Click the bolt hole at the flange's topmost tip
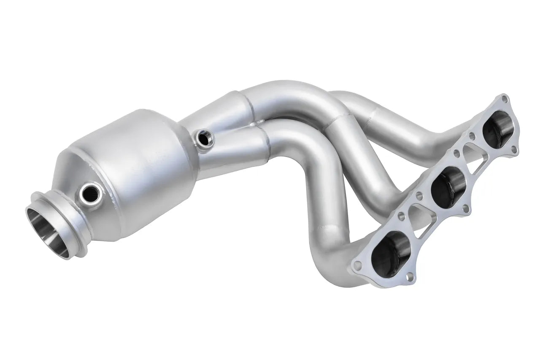pyautogui.click(x=505, y=98)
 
